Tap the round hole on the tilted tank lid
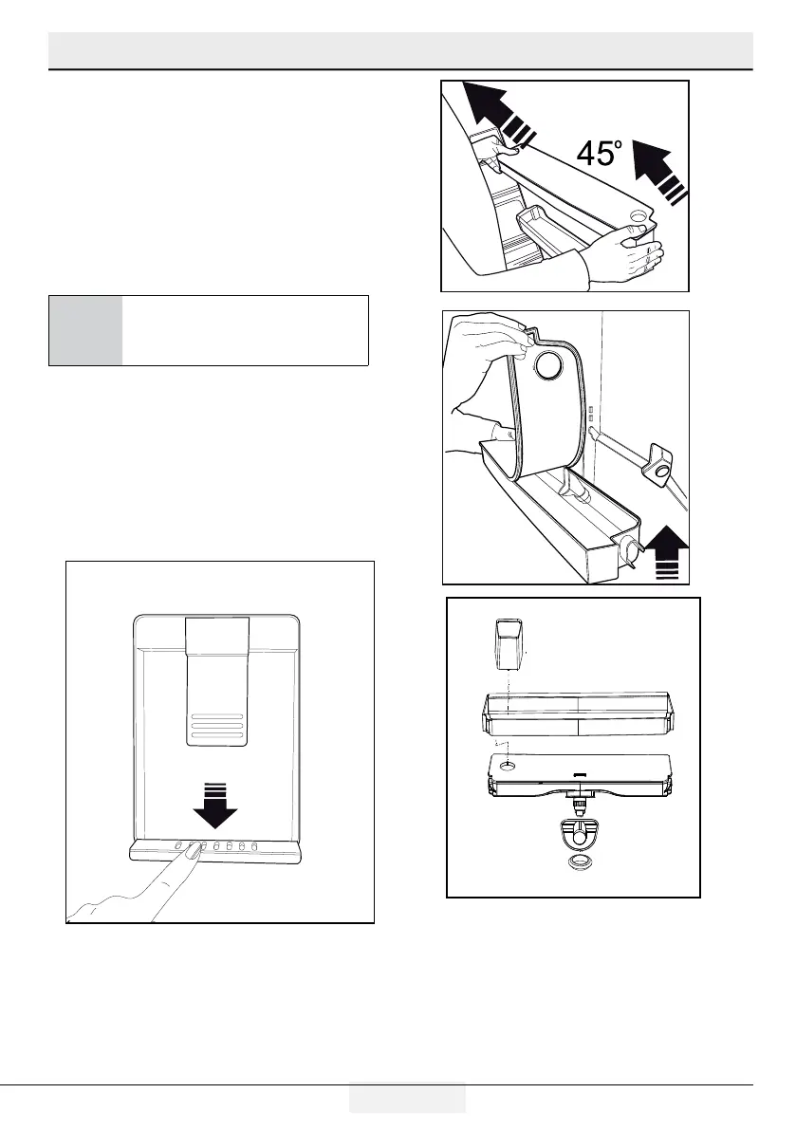click(637, 219)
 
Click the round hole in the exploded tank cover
click(509, 764)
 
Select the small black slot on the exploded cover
click(579, 773)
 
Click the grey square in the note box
click(85, 330)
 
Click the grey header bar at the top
click(399, 49)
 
